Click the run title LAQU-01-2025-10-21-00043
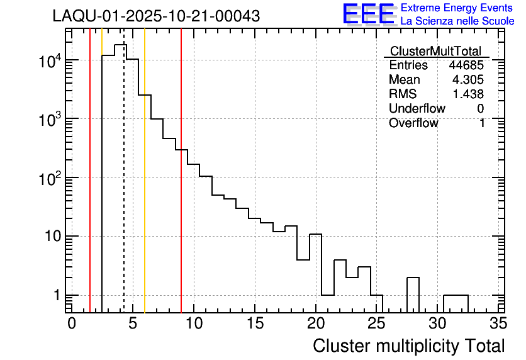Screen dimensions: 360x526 click(x=156, y=17)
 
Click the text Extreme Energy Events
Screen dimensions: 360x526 click(x=457, y=8)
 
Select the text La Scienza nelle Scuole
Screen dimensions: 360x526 click(x=457, y=21)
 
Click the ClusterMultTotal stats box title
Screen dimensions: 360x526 click(x=435, y=52)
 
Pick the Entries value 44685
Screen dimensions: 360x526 click(x=466, y=65)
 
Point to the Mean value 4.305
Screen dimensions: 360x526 click(x=468, y=80)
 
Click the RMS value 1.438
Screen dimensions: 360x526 click(x=468, y=94)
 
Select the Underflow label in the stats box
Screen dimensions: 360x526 click(x=417, y=109)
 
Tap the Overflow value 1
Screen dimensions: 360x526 click(x=482, y=123)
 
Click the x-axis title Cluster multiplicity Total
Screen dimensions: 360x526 click(x=408, y=346)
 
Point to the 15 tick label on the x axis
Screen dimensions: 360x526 click(x=254, y=323)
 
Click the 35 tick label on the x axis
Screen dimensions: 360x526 click(x=498, y=323)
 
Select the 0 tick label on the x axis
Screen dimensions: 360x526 click(x=72, y=323)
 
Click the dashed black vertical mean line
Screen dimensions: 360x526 click(x=124, y=189)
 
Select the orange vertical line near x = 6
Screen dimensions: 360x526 click(x=145, y=189)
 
